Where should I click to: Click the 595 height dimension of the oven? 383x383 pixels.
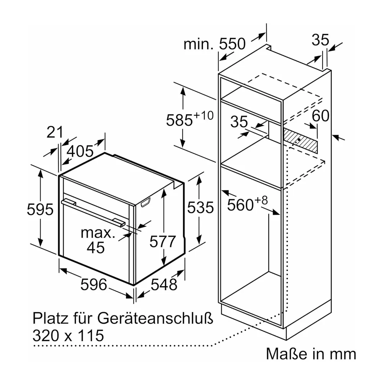(x=40, y=210)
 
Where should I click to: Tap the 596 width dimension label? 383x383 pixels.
(x=94, y=285)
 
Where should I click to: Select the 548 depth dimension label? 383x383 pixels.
(x=164, y=285)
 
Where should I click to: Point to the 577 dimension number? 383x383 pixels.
(x=163, y=242)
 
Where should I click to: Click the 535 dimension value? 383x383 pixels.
(x=200, y=208)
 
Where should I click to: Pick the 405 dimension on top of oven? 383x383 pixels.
(x=80, y=151)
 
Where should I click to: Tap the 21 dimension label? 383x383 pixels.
(x=55, y=132)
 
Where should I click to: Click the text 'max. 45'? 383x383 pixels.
(x=98, y=241)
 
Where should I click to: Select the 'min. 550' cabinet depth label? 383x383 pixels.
(x=214, y=44)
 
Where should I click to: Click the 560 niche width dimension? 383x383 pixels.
(x=247, y=203)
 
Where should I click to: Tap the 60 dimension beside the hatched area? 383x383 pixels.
(x=320, y=116)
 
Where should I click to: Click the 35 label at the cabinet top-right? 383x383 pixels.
(x=320, y=40)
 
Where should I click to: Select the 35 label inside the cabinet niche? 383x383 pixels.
(x=239, y=122)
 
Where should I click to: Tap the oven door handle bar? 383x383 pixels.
(x=93, y=213)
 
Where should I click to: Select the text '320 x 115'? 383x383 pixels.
(x=68, y=336)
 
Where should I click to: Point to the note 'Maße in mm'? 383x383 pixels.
(x=311, y=354)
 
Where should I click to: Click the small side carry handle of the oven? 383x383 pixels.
(x=146, y=203)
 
